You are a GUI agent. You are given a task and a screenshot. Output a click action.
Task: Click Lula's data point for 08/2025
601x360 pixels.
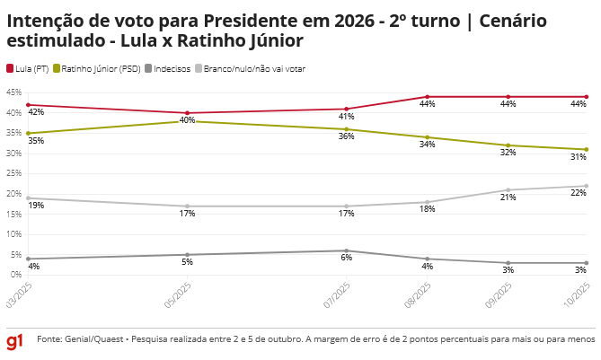tap(428, 97)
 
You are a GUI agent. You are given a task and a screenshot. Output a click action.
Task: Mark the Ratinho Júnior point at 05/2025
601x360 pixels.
tap(187, 121)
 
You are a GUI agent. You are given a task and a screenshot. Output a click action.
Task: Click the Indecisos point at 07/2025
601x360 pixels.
tap(347, 250)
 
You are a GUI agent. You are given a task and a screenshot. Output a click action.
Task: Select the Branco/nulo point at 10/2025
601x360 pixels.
tap(587, 186)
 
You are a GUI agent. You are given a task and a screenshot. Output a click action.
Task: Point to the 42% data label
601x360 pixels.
tap(36, 112)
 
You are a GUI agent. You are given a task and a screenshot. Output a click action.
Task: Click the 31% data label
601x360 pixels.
tap(579, 157)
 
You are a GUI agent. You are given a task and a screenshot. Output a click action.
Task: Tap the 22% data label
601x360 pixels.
tap(579, 194)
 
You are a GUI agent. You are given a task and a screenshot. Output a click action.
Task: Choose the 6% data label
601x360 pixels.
tap(347, 259)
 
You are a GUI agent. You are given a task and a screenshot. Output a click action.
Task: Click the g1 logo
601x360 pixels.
tap(15, 342)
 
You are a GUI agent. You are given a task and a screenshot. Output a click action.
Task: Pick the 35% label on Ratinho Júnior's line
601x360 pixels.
tap(36, 141)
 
